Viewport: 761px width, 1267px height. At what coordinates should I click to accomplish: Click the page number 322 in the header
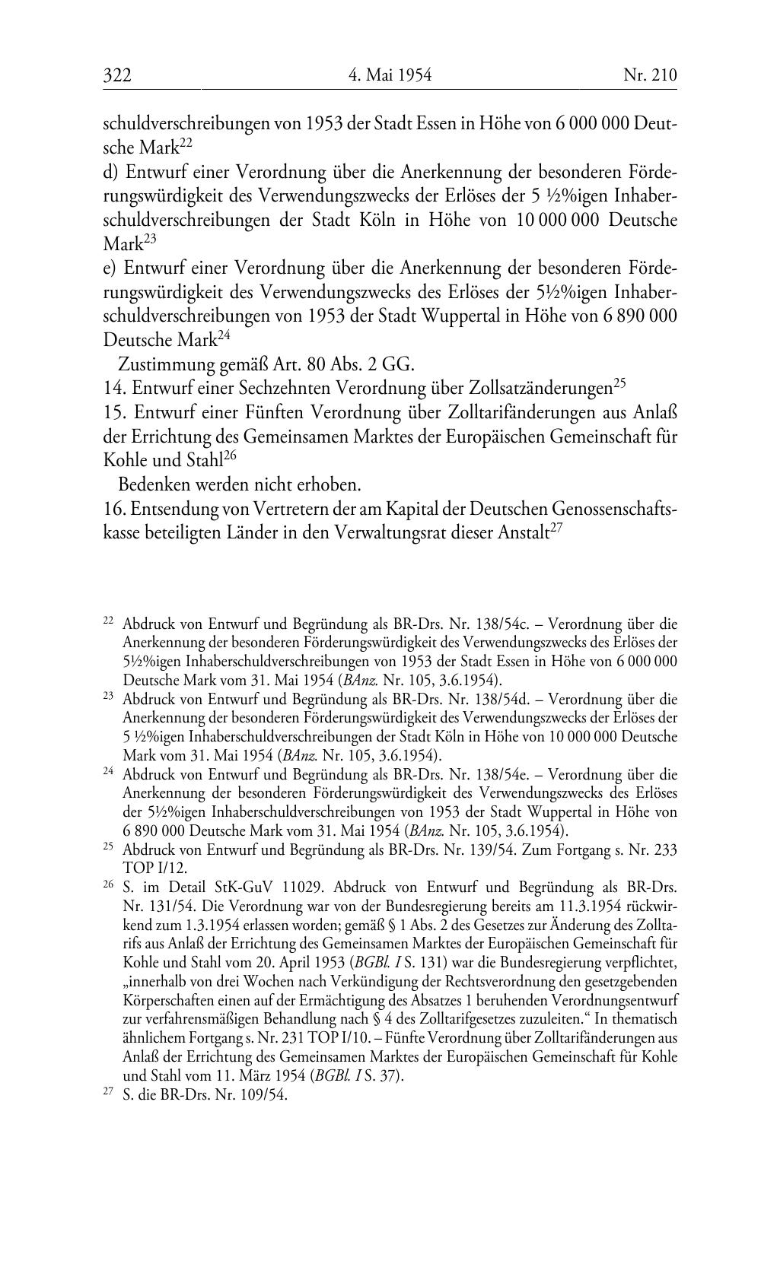(118, 75)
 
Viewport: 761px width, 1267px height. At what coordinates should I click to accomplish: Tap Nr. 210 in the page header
(649, 75)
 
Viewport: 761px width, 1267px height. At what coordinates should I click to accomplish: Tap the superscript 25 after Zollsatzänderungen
(619, 383)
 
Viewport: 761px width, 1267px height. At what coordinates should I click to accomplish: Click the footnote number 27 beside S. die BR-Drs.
(108, 1095)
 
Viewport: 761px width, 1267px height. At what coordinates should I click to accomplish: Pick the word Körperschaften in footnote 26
(166, 999)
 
